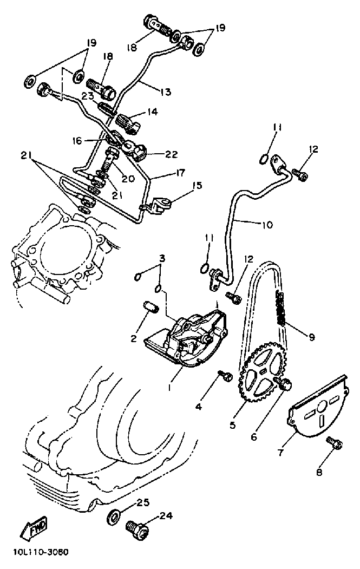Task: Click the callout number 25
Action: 142,503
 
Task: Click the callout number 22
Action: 171,154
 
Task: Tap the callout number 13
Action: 165,92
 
